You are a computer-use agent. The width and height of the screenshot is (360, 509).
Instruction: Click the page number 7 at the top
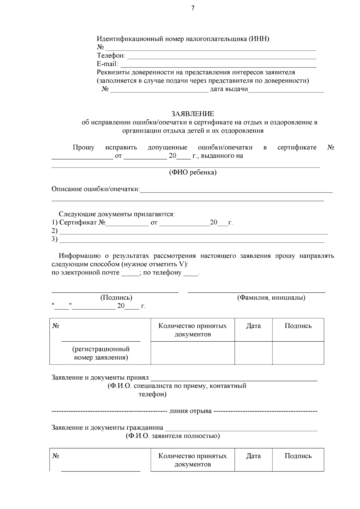click(x=193, y=8)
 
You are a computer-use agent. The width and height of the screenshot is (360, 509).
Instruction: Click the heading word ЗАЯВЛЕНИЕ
click(x=193, y=114)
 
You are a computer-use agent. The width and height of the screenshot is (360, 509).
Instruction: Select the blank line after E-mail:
click(x=218, y=67)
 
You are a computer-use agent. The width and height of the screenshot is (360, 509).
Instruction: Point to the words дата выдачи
click(x=229, y=89)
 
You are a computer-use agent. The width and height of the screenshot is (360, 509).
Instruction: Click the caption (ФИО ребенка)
click(x=193, y=172)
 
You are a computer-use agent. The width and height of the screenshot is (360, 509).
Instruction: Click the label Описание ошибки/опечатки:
click(x=96, y=189)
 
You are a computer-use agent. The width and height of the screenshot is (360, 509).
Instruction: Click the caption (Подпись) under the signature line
click(x=116, y=298)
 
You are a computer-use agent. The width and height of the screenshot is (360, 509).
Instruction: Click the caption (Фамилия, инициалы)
click(x=271, y=298)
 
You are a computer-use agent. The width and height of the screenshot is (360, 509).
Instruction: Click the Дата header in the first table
click(x=253, y=326)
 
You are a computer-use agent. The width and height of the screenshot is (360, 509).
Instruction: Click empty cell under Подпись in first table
click(x=298, y=353)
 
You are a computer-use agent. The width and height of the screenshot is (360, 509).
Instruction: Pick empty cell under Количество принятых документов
click(x=193, y=353)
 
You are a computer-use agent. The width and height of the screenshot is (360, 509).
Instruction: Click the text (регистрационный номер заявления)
click(x=101, y=353)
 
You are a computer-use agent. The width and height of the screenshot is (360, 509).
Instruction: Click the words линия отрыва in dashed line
click(x=190, y=411)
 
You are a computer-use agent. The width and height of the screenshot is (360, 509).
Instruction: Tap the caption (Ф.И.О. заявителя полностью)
click(x=172, y=436)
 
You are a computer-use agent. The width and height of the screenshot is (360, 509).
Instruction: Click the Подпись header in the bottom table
click(x=298, y=456)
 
